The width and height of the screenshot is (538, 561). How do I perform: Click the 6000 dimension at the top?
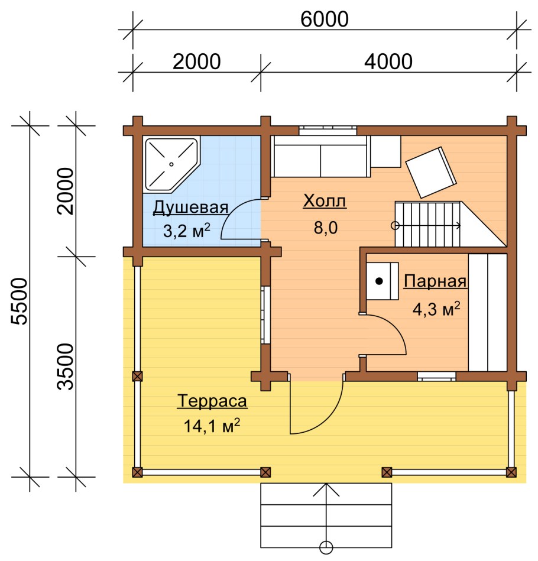coord(324,19)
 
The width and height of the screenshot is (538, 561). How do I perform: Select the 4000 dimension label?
coord(388,61)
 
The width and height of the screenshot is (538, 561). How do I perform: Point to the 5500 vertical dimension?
coord(19,301)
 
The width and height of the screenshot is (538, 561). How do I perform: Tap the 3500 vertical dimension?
coord(66,367)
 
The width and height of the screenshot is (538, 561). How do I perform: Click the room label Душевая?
coord(190,207)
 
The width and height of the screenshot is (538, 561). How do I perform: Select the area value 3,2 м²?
coord(186,231)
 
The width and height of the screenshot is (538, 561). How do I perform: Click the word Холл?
coord(325,201)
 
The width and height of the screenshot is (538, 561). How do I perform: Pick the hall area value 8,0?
coord(326,228)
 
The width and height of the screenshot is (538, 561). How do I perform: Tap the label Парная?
coord(435,281)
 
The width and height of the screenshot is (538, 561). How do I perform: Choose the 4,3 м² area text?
coord(436,309)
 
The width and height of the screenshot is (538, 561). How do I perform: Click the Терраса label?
coord(212,401)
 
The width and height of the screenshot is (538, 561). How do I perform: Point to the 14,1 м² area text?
coord(212,426)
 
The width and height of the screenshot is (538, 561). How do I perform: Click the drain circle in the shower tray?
coord(171,164)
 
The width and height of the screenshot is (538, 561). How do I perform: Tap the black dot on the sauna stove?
coord(379,281)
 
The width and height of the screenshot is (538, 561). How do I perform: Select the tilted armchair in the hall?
coord(431,173)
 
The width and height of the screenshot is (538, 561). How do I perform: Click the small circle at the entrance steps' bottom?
coord(326,547)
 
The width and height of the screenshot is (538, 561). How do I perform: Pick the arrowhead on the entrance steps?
coord(326,489)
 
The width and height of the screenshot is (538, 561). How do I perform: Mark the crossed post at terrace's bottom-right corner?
coord(511,472)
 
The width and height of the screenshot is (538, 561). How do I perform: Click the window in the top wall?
coord(328,130)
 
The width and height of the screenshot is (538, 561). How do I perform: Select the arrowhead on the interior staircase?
coord(458,225)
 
